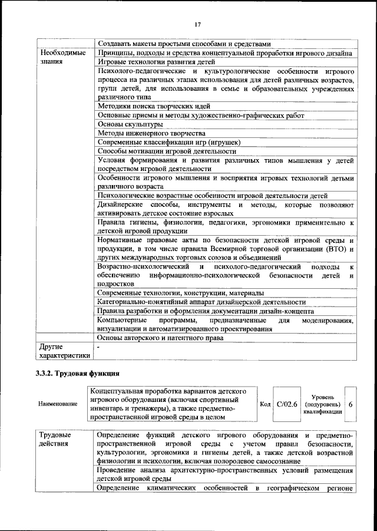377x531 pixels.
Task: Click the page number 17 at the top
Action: point(197,24)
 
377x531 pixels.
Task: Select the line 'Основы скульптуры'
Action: point(130,124)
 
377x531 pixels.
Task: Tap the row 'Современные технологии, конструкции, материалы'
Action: point(180,293)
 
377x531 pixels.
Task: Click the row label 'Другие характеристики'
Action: point(64,351)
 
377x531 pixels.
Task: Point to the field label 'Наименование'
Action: point(57,404)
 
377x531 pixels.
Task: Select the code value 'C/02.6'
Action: point(288,404)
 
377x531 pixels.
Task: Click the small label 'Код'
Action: point(265,404)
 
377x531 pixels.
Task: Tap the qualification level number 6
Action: point(351,404)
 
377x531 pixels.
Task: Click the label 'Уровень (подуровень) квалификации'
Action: point(322,404)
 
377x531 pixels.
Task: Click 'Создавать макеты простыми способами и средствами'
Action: point(184,44)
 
